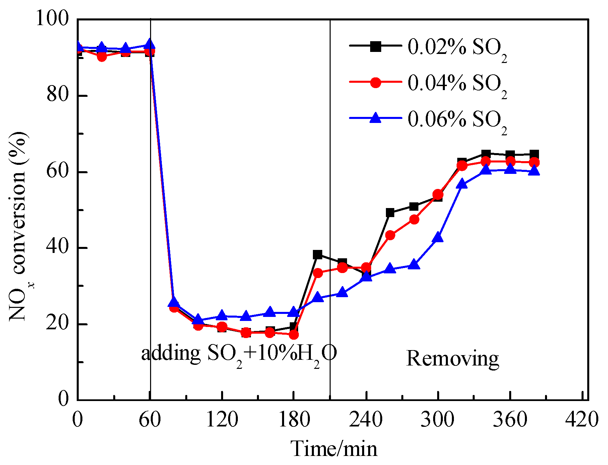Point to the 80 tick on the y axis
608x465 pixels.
(58, 95)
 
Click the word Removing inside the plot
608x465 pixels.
(453, 358)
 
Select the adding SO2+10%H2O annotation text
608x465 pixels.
(239, 354)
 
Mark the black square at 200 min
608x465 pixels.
(318, 255)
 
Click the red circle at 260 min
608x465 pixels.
(390, 235)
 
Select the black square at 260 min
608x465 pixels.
(390, 212)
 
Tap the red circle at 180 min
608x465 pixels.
(294, 334)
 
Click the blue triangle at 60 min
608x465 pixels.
(150, 45)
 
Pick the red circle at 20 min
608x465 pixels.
(102, 57)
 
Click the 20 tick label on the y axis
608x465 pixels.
(58, 324)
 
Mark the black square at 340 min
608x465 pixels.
(486, 154)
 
